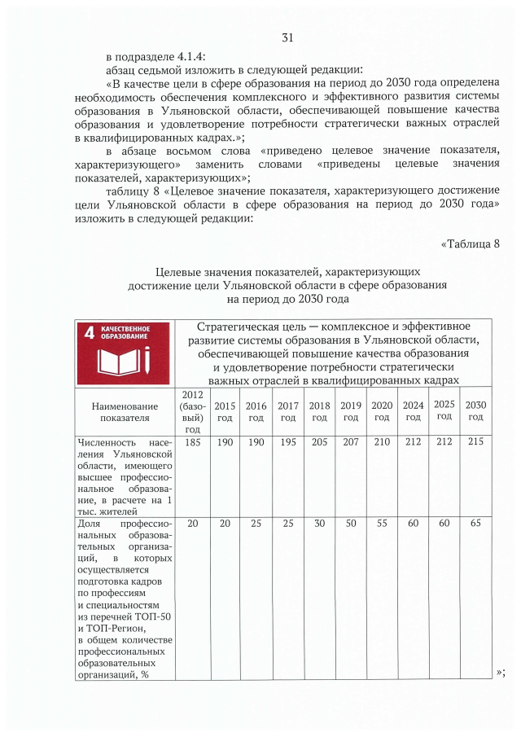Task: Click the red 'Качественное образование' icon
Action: coord(123,353)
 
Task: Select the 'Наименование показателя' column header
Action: coord(125,411)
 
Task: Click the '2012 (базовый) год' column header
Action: coord(193,411)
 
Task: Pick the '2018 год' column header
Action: coord(319,411)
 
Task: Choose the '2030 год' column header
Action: coord(475,411)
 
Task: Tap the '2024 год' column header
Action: coord(414,411)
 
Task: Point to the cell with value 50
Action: coord(350,524)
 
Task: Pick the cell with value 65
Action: coord(475,524)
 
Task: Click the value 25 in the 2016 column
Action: coord(256,524)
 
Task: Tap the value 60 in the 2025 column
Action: coord(444,524)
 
